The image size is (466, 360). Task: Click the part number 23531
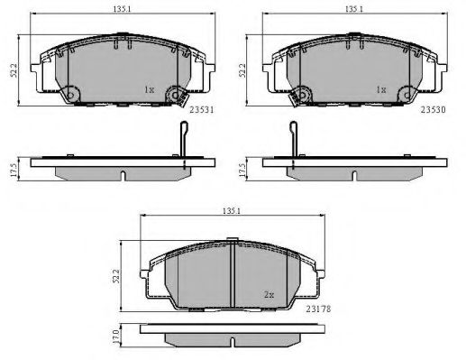[202, 110]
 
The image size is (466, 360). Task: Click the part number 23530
[433, 110]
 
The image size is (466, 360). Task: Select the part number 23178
[318, 309]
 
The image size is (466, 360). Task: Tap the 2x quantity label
[269, 295]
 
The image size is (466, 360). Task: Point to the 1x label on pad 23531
[150, 89]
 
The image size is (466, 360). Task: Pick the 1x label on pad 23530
[381, 89]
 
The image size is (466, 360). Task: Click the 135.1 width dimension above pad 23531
[123, 9]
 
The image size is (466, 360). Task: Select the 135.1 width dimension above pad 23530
[354, 9]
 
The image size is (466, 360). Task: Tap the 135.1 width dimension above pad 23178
[232, 211]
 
